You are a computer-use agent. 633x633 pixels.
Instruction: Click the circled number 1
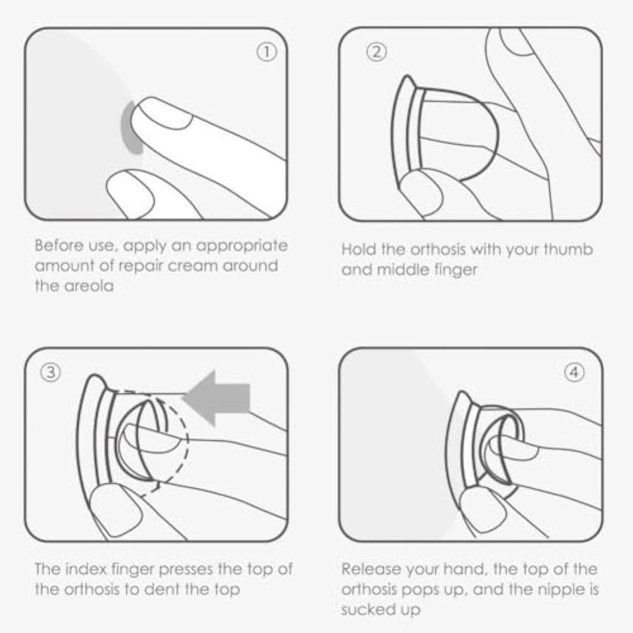pyautogui.click(x=267, y=52)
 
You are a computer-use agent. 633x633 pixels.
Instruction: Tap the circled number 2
pyautogui.click(x=376, y=52)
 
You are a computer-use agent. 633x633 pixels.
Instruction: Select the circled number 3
pyautogui.click(x=50, y=372)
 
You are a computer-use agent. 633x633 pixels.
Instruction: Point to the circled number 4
pyautogui.click(x=574, y=372)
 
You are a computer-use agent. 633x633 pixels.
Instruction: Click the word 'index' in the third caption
pyautogui.click(x=88, y=569)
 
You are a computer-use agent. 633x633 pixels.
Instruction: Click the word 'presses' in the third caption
pyautogui.click(x=186, y=569)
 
